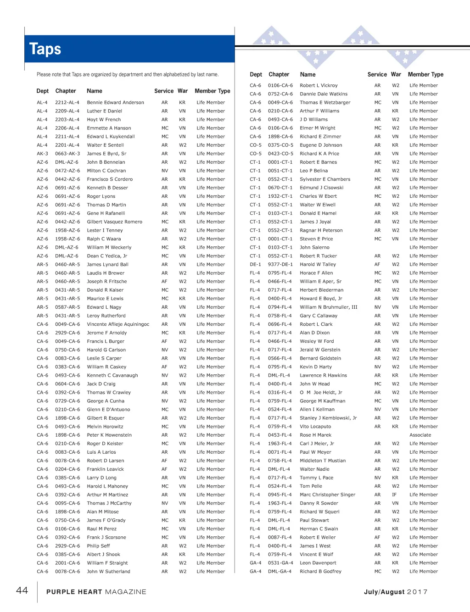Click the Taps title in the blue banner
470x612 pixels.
(45, 49)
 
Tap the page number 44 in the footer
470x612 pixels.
(22, 590)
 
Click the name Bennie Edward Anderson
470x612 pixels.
(115, 102)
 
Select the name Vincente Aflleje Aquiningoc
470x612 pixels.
(118, 324)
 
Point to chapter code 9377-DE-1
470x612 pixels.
(280, 264)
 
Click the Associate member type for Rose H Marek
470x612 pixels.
(420, 435)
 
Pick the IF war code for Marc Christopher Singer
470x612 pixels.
(394, 495)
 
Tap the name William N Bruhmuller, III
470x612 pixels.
(328, 307)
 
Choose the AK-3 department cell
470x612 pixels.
(42, 154)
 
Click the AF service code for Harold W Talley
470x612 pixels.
(377, 264)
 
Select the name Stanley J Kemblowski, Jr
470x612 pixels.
(328, 418)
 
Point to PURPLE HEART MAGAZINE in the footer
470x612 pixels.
(96, 592)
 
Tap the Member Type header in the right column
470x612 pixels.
(425, 74)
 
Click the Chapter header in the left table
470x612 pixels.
(66, 91)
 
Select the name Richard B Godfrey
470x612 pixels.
(320, 571)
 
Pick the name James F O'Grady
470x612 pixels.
(106, 520)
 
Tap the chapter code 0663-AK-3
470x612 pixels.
(67, 154)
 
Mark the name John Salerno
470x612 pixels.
(314, 247)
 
